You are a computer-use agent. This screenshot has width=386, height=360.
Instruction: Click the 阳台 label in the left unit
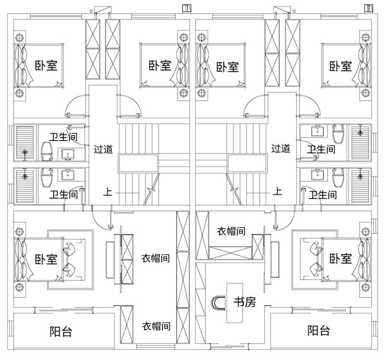tap(61, 332)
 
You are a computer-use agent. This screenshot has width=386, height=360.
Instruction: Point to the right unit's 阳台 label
tap(318, 331)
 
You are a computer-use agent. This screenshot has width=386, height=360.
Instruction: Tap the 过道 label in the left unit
tap(103, 148)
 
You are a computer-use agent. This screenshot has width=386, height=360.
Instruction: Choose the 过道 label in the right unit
tap(280, 148)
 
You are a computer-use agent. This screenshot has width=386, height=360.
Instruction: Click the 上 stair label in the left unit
tap(107, 192)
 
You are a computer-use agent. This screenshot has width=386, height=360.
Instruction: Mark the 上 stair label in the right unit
tap(278, 192)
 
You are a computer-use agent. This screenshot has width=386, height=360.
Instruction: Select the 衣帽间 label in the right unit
tap(231, 231)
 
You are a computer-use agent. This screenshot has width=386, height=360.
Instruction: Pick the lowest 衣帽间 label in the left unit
tap(156, 326)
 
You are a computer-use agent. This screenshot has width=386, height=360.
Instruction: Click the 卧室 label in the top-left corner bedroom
tap(45, 66)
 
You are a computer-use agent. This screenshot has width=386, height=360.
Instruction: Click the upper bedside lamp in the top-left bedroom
tap(19, 38)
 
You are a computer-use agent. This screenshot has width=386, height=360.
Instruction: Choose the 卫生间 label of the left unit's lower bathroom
tap(64, 194)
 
